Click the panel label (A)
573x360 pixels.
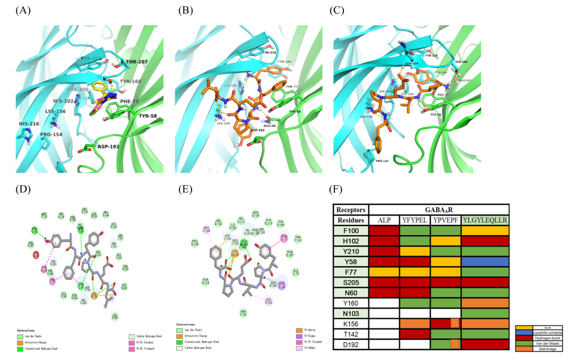tap(23, 10)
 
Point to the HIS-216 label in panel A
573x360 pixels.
tap(29, 124)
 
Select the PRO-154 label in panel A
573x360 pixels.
tap(52, 133)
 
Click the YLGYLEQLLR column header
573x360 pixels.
tap(485, 220)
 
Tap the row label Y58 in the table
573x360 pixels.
tap(349, 261)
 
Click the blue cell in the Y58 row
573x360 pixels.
tap(485, 261)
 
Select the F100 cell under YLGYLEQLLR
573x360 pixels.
tap(485, 231)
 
